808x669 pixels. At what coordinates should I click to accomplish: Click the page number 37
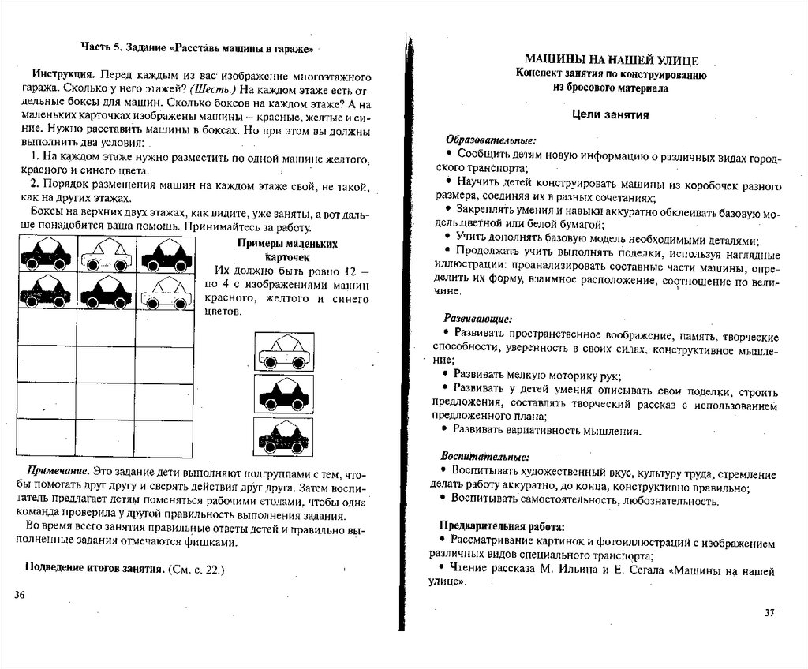click(x=771, y=613)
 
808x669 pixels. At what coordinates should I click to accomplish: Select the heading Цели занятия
click(x=610, y=115)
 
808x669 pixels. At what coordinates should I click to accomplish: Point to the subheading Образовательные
click(x=490, y=139)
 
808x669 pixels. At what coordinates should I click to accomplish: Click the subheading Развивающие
click(x=478, y=320)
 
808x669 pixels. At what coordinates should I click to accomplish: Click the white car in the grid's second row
click(x=166, y=293)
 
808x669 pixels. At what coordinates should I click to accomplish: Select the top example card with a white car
click(x=282, y=352)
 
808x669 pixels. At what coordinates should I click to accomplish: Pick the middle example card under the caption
click(x=282, y=391)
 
